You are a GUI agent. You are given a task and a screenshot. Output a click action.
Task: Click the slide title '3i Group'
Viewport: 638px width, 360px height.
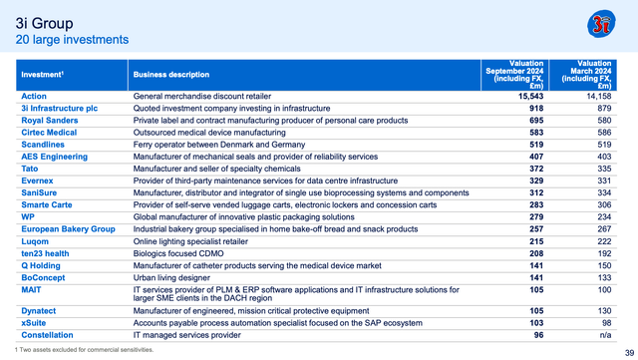pyautogui.click(x=43, y=22)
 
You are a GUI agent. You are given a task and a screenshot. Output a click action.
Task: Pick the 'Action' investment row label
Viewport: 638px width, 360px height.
pyautogui.click(x=34, y=96)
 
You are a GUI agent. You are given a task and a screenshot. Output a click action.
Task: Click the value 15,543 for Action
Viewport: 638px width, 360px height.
pyautogui.click(x=525, y=96)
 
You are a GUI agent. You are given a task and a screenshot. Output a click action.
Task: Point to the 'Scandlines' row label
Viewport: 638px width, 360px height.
pyautogui.click(x=43, y=145)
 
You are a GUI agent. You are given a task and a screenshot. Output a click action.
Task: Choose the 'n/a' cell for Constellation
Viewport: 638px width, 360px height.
pyautogui.click(x=616, y=336)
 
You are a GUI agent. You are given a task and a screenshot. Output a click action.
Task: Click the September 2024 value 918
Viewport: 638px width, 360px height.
pyautogui.click(x=532, y=108)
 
